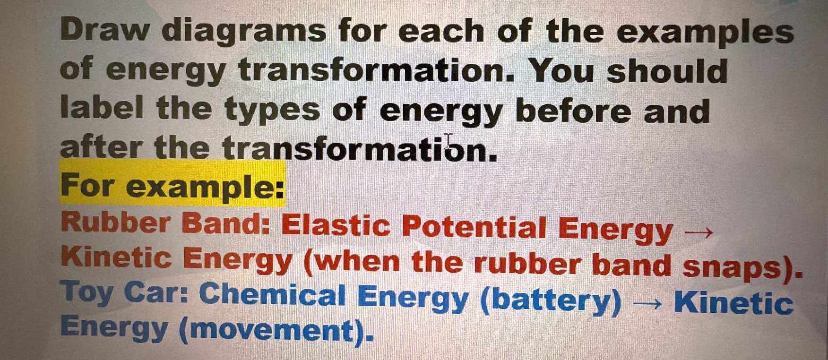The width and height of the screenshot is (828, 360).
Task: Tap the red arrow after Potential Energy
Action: click(697, 232)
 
